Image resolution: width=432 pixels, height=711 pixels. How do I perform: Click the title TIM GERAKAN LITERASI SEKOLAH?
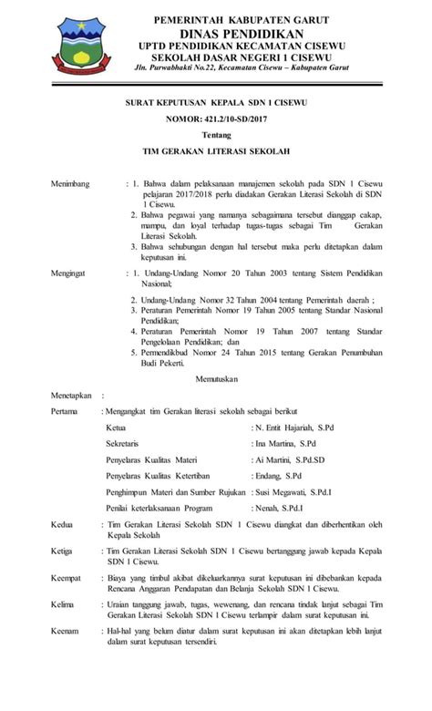click(x=215, y=154)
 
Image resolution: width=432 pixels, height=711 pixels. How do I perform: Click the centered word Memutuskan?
click(x=215, y=377)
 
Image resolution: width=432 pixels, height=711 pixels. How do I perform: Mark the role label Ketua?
click(x=116, y=426)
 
